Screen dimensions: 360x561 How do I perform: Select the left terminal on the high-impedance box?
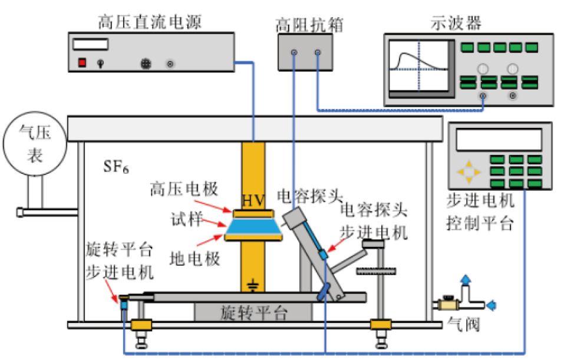point(293,53)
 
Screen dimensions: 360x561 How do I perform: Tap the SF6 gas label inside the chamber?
point(116,167)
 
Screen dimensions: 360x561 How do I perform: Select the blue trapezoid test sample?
point(254,225)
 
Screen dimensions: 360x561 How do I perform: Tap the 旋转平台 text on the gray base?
point(254,312)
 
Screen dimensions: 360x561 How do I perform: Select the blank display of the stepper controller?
point(499,140)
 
